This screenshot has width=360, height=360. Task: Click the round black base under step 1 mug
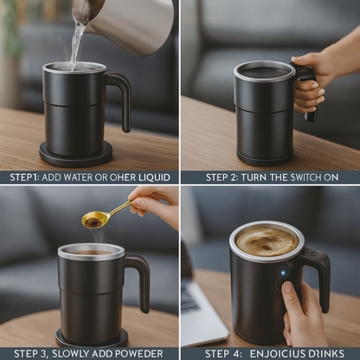pyautogui.click(x=76, y=156)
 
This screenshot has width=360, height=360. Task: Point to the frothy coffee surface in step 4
pyautogui.click(x=267, y=241)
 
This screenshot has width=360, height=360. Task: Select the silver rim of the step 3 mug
pyautogui.click(x=90, y=251)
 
